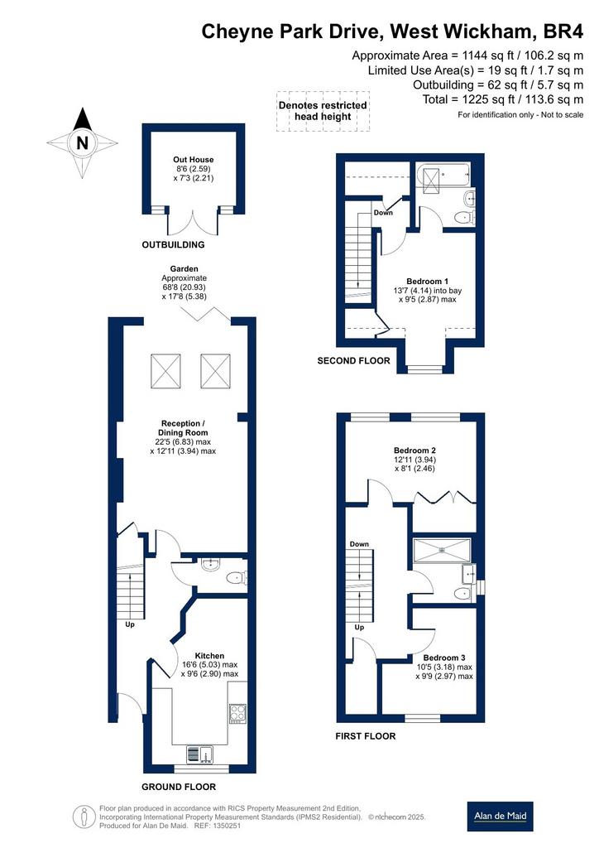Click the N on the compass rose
pyautogui.click(x=82, y=143)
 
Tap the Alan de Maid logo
pyautogui.click(x=500, y=816)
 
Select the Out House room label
pyautogui.click(x=194, y=160)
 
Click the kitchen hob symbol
pyautogui.click(x=237, y=714)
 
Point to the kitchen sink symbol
pyautogui.click(x=200, y=754)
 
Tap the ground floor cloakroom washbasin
pyautogui.click(x=210, y=565)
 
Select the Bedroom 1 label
pyautogui.click(x=427, y=282)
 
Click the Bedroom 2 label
pyautogui.click(x=415, y=450)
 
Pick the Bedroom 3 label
pyautogui.click(x=444, y=658)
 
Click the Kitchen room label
pyautogui.click(x=209, y=656)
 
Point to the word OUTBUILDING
pyautogui.click(x=174, y=244)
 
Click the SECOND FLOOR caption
pyautogui.click(x=353, y=361)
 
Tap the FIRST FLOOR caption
pyautogui.click(x=366, y=736)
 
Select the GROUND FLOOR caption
pyautogui.click(x=179, y=787)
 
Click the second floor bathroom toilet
pyautogui.click(x=462, y=217)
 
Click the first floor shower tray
pyautogui.click(x=442, y=551)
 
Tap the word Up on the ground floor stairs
pyautogui.click(x=130, y=624)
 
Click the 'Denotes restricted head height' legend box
pyautogui.click(x=323, y=111)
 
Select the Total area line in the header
pyautogui.click(x=503, y=99)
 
